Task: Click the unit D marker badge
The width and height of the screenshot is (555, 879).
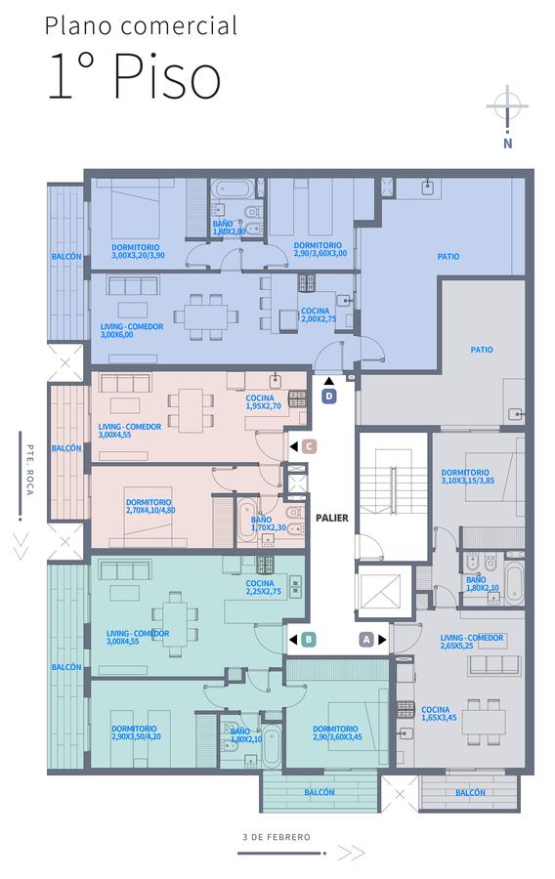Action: (329, 397)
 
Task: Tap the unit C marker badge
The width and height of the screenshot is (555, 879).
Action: (309, 446)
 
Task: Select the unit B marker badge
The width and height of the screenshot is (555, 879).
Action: (308, 640)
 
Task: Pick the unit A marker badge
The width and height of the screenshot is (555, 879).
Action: (366, 640)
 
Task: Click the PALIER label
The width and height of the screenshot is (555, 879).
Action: (332, 518)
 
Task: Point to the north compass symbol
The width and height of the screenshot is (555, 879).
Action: (507, 116)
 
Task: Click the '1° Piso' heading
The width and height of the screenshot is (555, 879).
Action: (134, 75)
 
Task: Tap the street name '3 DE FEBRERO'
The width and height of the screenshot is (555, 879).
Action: (277, 837)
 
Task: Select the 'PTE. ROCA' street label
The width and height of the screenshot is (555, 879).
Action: (30, 470)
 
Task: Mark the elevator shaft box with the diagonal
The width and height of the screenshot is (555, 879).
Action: (381, 592)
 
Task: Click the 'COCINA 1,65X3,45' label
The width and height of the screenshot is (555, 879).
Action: (439, 713)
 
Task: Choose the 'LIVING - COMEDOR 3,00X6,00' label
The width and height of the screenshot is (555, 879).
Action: (132, 330)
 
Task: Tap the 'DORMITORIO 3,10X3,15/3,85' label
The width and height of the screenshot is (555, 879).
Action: (467, 477)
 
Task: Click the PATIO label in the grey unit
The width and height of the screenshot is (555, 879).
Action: (482, 350)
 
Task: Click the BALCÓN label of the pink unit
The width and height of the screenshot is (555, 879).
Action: (66, 448)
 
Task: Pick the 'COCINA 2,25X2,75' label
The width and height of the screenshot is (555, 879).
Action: (263, 588)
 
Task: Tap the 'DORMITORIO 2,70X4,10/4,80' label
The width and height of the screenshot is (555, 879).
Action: (150, 506)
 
